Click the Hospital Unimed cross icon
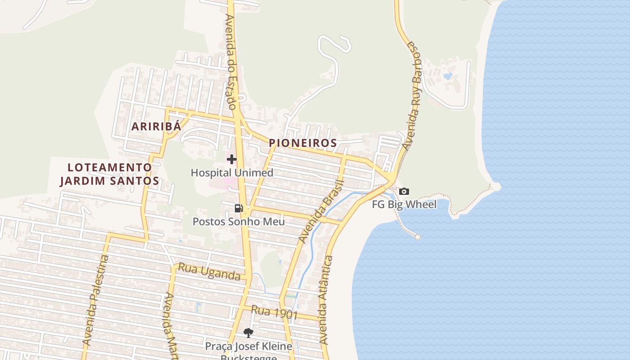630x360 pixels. [232, 159]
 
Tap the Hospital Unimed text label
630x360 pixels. [232, 173]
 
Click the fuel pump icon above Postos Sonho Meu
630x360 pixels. [238, 208]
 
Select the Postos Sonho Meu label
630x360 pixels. [238, 221]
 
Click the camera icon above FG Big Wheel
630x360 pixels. [404, 192]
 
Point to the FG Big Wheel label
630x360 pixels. [404, 205]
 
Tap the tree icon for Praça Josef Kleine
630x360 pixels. [248, 333]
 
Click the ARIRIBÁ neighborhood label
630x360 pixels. [156, 126]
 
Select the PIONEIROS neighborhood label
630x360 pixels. [303, 143]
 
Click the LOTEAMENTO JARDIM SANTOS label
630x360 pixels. [110, 174]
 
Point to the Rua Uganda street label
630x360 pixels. [209, 272]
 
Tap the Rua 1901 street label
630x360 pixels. [274, 312]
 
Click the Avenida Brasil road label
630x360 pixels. [321, 211]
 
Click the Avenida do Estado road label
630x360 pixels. [231, 62]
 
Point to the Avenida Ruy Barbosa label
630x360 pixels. [413, 95]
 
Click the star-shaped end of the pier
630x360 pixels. [418, 237]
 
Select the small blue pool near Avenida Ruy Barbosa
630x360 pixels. [448, 76]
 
